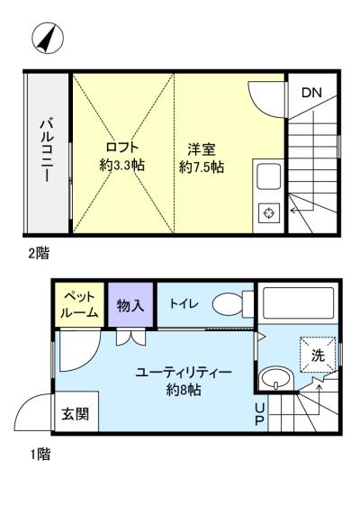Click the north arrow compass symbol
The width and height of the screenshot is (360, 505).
coord(48,38)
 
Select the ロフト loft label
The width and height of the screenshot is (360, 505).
coord(122,148)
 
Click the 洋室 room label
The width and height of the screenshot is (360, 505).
coord(202,149)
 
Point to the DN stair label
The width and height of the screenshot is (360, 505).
coord(311,93)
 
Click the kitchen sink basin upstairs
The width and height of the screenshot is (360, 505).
coord(268,176)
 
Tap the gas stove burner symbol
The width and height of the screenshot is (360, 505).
coord(268,212)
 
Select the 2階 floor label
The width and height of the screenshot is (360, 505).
coord(39,253)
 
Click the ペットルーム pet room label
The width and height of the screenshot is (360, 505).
coord(79,304)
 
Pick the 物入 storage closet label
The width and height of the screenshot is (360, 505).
coord(130,305)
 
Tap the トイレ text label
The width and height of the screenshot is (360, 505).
coord(184,303)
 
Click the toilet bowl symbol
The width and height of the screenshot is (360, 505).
coord(233,303)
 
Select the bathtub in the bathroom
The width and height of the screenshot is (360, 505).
coord(298,302)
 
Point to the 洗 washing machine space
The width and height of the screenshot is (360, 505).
coord(318,355)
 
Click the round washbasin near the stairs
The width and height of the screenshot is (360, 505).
coord(276,379)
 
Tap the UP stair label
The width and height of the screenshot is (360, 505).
coord(260,414)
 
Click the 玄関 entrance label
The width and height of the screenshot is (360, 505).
coord(75,414)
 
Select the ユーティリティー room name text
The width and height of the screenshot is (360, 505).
coord(184,373)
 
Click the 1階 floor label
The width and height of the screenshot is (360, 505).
coord(40,455)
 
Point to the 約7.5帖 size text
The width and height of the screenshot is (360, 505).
coord(202,167)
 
